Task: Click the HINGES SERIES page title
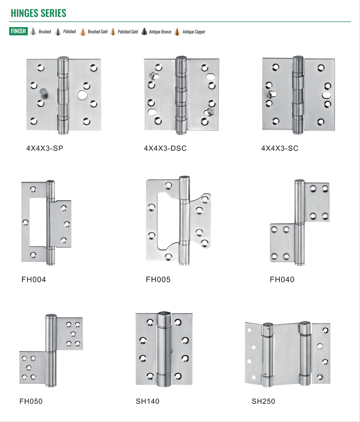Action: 38,13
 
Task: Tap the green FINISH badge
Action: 18,31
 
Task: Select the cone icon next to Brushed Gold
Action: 83,32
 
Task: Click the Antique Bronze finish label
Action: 160,32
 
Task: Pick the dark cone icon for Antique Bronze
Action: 144,32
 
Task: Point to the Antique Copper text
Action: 194,32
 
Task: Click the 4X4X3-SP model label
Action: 45,148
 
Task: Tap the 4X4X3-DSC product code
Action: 165,148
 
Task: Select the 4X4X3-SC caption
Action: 280,148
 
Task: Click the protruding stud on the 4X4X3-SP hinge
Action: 43,93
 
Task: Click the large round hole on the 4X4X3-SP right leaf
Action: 82,95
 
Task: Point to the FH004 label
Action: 34,280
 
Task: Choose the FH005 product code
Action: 158,280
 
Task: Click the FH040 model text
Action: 282,280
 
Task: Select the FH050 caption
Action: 31,401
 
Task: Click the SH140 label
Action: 148,401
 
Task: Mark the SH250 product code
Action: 263,401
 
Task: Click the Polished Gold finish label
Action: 128,32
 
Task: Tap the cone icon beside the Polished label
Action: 58,32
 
